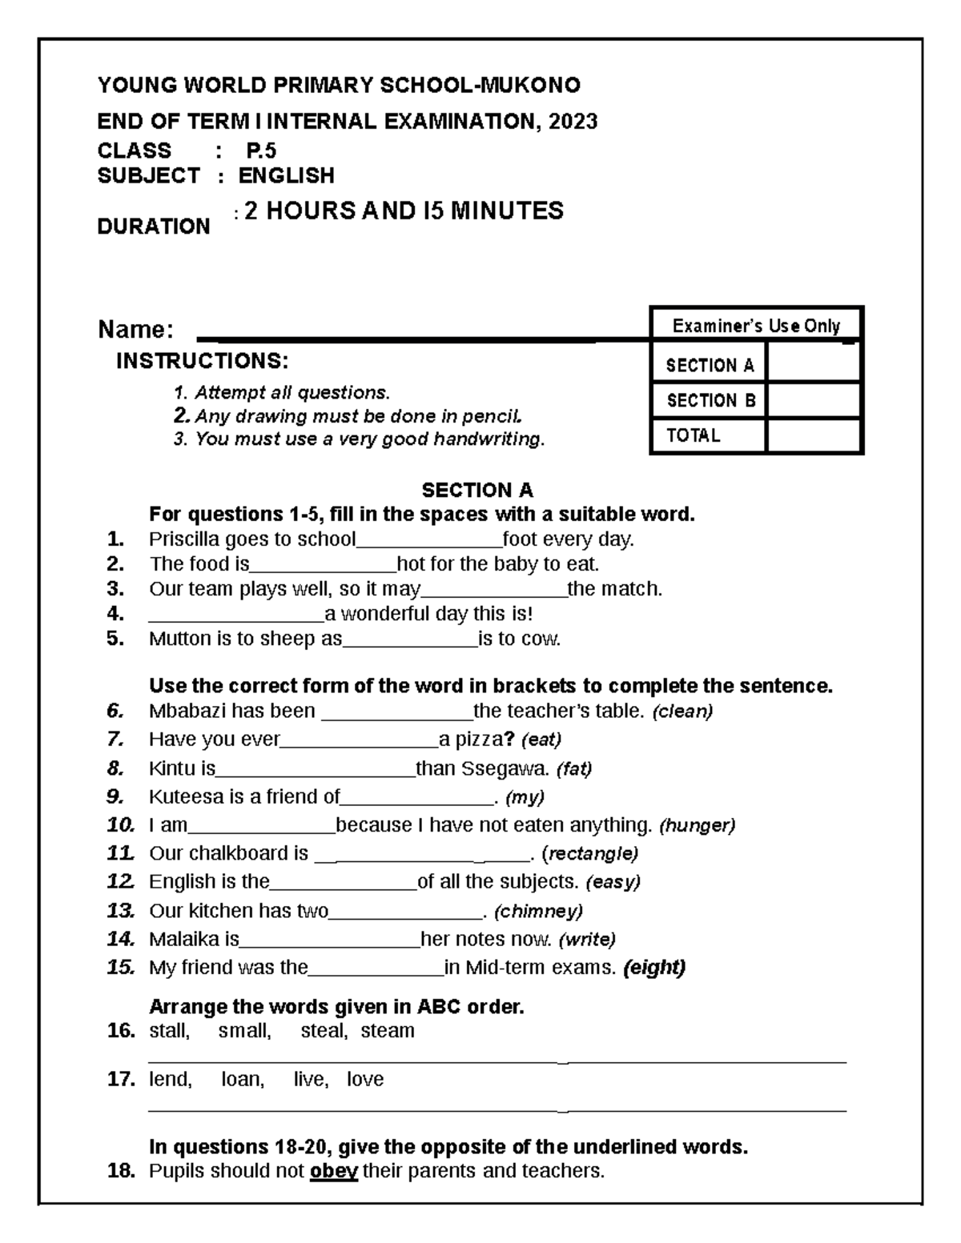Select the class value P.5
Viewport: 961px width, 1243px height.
click(x=261, y=150)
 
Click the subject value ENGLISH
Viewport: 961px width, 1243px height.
click(x=287, y=175)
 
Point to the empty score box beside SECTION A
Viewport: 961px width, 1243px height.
click(x=813, y=363)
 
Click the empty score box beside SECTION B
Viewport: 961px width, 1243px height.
click(x=813, y=399)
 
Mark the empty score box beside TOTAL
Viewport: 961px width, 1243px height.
click(x=813, y=435)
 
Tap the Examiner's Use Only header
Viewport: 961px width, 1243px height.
click(x=756, y=326)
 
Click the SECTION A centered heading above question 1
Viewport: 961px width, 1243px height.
click(x=477, y=490)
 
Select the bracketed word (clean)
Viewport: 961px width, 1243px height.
click(x=683, y=711)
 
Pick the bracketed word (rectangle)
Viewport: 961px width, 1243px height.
click(x=590, y=853)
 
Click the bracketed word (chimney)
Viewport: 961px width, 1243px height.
click(x=538, y=911)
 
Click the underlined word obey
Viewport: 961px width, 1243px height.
click(x=333, y=1171)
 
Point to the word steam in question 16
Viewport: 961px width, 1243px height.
click(x=388, y=1031)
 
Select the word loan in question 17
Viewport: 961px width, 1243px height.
click(x=242, y=1080)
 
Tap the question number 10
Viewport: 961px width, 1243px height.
click(x=121, y=825)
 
